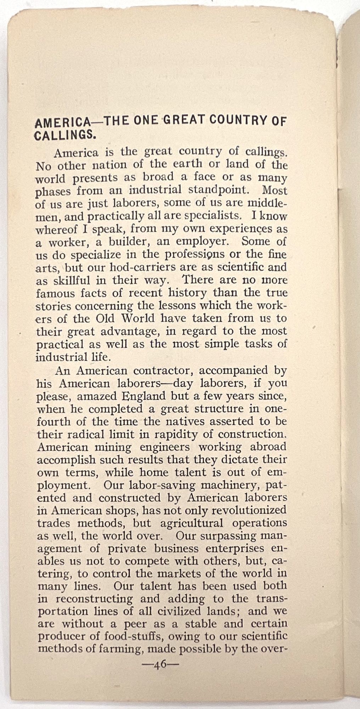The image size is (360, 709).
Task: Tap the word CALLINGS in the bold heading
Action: [x=64, y=135]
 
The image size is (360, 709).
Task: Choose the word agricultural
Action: [x=192, y=523]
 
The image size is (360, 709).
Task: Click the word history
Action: [x=187, y=293]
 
